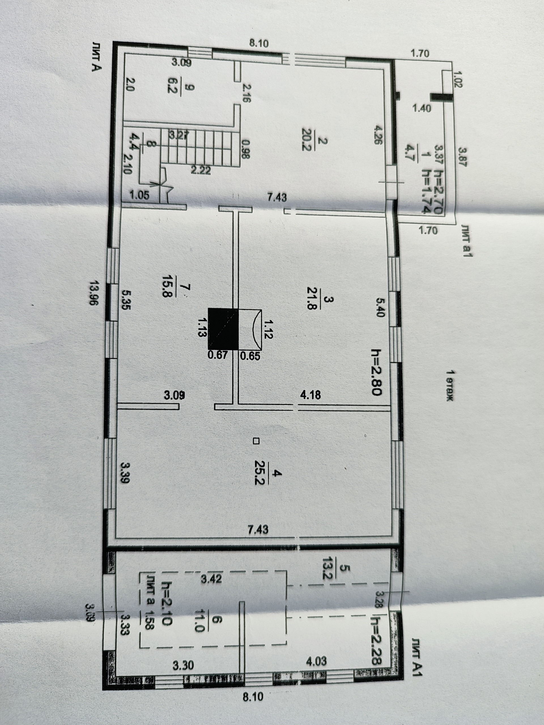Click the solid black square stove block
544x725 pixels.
pyautogui.click(x=223, y=329)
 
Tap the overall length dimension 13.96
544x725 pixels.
pyautogui.click(x=94, y=293)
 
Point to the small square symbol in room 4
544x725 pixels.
pyautogui.click(x=256, y=441)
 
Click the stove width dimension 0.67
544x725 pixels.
pyautogui.click(x=218, y=355)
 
